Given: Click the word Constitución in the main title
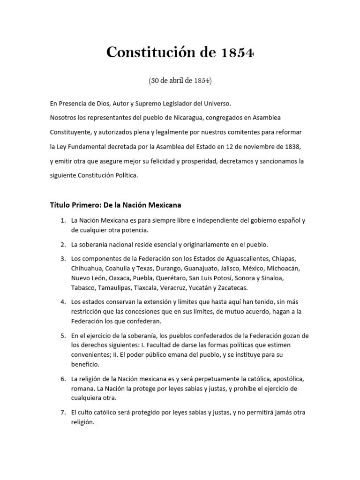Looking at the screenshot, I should pos(143,52).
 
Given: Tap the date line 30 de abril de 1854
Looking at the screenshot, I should pos(180,80).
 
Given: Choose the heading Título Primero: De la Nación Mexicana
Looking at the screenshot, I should pos(115,205).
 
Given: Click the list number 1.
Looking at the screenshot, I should pos(62,220).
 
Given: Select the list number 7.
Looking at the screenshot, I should pos(62,412).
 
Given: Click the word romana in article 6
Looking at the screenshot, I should pos(82,388).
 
